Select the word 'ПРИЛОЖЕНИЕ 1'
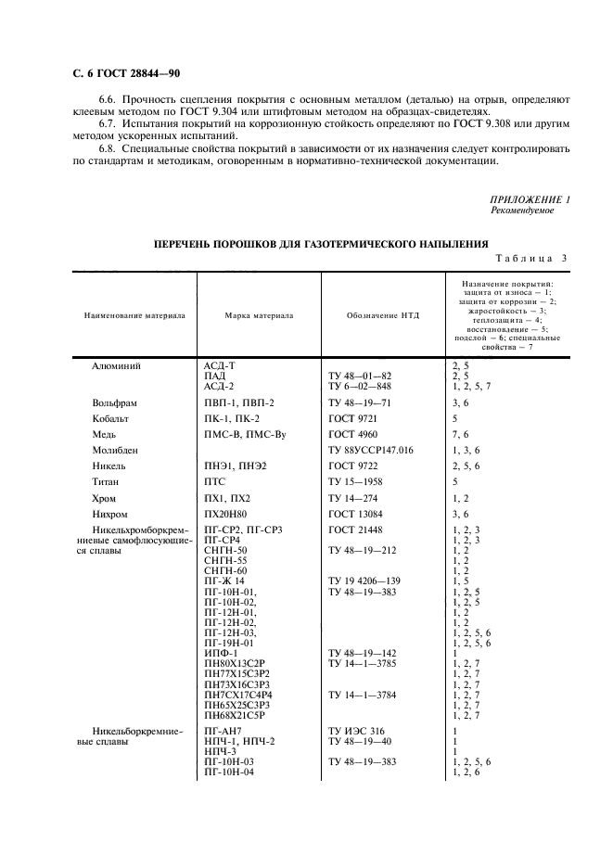[x=529, y=201]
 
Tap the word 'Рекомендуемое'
[x=522, y=211]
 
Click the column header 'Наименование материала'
[x=134, y=315]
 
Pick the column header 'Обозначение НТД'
[x=383, y=315]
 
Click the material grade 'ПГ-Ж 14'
[x=223, y=581]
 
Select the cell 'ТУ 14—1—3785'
[x=367, y=663]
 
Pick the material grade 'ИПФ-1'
[x=220, y=654]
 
